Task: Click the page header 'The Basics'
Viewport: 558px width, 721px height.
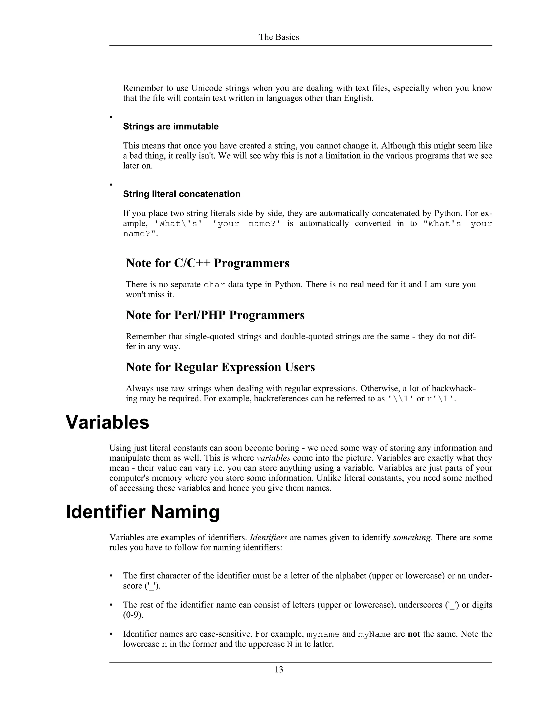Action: (279, 37)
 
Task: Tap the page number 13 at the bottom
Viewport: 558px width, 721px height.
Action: (279, 670)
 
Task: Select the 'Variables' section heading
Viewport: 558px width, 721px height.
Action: (107, 422)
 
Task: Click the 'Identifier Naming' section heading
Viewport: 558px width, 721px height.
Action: (142, 512)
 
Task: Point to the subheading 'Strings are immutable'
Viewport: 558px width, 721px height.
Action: (171, 127)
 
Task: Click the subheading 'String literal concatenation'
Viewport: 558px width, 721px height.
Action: (181, 194)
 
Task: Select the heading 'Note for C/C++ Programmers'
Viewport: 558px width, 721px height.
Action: (207, 263)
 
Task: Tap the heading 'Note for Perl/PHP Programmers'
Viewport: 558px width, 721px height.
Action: (215, 315)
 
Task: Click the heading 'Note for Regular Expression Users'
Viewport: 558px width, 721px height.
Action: (220, 367)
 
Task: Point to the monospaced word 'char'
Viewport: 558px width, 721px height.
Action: (214, 285)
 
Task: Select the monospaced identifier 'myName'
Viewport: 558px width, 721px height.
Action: (374, 634)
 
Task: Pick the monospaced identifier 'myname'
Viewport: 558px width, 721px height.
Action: (323, 634)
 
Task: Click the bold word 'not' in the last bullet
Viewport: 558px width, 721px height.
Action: (414, 634)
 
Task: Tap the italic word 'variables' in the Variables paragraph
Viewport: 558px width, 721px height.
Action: (273, 458)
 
